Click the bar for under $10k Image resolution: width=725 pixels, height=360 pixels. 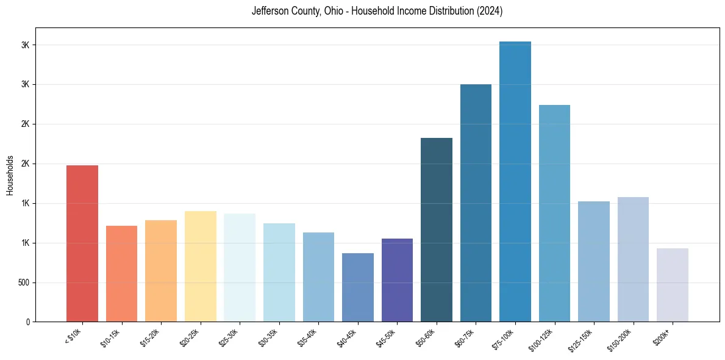pyautogui.click(x=82, y=243)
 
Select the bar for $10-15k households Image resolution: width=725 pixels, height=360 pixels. pyautogui.click(x=121, y=274)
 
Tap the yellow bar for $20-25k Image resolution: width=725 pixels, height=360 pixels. pyautogui.click(x=200, y=267)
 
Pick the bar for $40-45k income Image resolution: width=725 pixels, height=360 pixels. pyautogui.click(x=357, y=287)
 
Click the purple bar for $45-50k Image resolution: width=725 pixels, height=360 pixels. pyautogui.click(x=397, y=280)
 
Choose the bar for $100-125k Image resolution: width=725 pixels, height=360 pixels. pyautogui.click(x=554, y=214)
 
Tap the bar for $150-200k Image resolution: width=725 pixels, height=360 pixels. pyautogui.click(x=633, y=259)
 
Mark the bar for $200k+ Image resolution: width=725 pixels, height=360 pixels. pyautogui.click(x=673, y=285)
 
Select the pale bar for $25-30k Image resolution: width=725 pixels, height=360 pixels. pyautogui.click(x=240, y=268)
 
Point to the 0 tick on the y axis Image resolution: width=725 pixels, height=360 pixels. pyautogui.click(x=27, y=322)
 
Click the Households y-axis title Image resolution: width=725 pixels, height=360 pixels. pyautogui.click(x=10, y=175)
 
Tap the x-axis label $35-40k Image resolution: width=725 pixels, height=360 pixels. pyautogui.click(x=307, y=337)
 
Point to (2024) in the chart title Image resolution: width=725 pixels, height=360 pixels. pyautogui.click(x=490, y=12)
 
